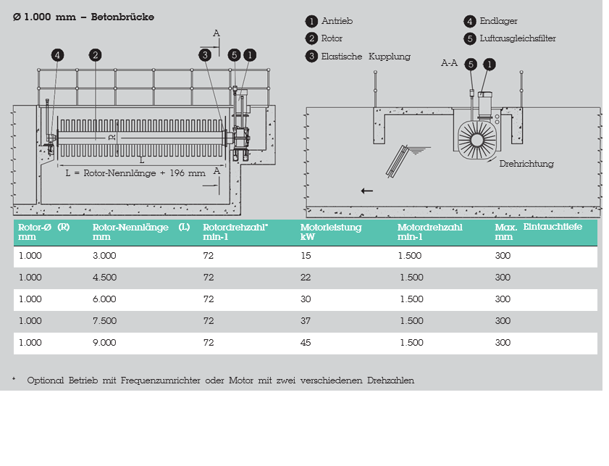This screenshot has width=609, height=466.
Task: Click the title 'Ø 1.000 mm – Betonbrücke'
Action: pyautogui.click(x=84, y=17)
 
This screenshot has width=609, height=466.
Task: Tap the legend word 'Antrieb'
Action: pyautogui.click(x=337, y=21)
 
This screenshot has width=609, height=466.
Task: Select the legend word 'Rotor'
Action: pyautogui.click(x=332, y=38)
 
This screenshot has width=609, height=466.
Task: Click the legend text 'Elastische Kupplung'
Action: pyautogui.click(x=366, y=56)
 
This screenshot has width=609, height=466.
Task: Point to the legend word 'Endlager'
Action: pyautogui.click(x=498, y=21)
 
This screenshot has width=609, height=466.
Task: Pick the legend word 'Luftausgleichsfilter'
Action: pyautogui.click(x=518, y=38)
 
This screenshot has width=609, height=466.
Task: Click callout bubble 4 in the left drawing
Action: pyautogui.click(x=57, y=54)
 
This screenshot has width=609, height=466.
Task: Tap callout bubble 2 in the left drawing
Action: pyautogui.click(x=95, y=54)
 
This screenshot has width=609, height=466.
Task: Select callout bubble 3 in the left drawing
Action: pyautogui.click(x=206, y=54)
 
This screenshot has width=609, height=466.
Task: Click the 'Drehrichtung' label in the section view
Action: pyautogui.click(x=526, y=164)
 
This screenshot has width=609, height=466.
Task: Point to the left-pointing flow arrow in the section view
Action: pyautogui.click(x=367, y=191)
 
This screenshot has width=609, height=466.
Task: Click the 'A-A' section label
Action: pyautogui.click(x=449, y=63)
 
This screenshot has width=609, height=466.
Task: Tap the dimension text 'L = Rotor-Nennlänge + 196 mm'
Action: pyautogui.click(x=135, y=173)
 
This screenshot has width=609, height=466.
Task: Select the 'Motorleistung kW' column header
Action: pyautogui.click(x=331, y=232)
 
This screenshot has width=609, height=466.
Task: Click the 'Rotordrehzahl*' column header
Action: pyautogui.click(x=235, y=228)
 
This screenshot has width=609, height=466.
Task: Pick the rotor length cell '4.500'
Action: pyautogui.click(x=104, y=278)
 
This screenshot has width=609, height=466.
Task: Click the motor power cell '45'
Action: pyautogui.click(x=306, y=343)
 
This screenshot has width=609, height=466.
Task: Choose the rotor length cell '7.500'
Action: pyautogui.click(x=104, y=321)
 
